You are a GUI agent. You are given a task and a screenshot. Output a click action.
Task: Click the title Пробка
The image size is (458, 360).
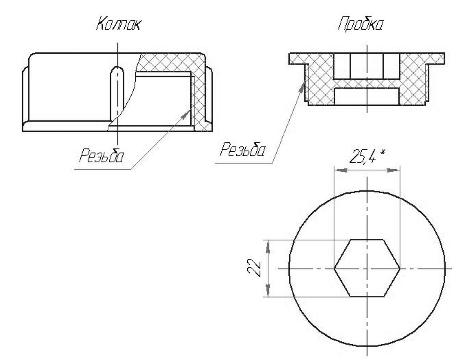pos(361,24)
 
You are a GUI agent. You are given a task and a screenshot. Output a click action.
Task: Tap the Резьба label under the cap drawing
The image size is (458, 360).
pos(101,156)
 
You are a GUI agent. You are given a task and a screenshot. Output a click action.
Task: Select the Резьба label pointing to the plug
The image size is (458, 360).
pos(243,149)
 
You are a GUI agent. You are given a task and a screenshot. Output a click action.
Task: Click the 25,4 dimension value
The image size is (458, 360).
pos(363,156)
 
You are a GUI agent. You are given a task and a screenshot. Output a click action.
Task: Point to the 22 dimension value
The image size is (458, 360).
pos(254,268)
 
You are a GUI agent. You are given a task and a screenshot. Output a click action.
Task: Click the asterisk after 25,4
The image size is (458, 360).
pos(383,152)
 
